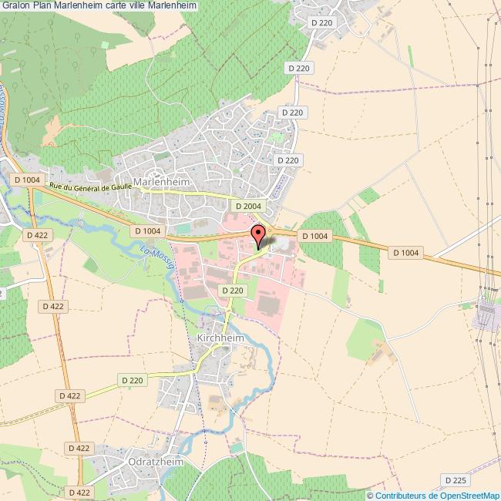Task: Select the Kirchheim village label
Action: (220, 338)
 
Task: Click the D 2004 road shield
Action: (248, 207)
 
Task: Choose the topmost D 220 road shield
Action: (322, 23)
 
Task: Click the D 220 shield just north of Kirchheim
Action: (232, 291)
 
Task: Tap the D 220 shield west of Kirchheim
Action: (133, 380)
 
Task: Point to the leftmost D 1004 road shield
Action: (27, 180)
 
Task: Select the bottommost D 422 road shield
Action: (79, 492)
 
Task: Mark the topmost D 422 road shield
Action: (37, 235)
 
